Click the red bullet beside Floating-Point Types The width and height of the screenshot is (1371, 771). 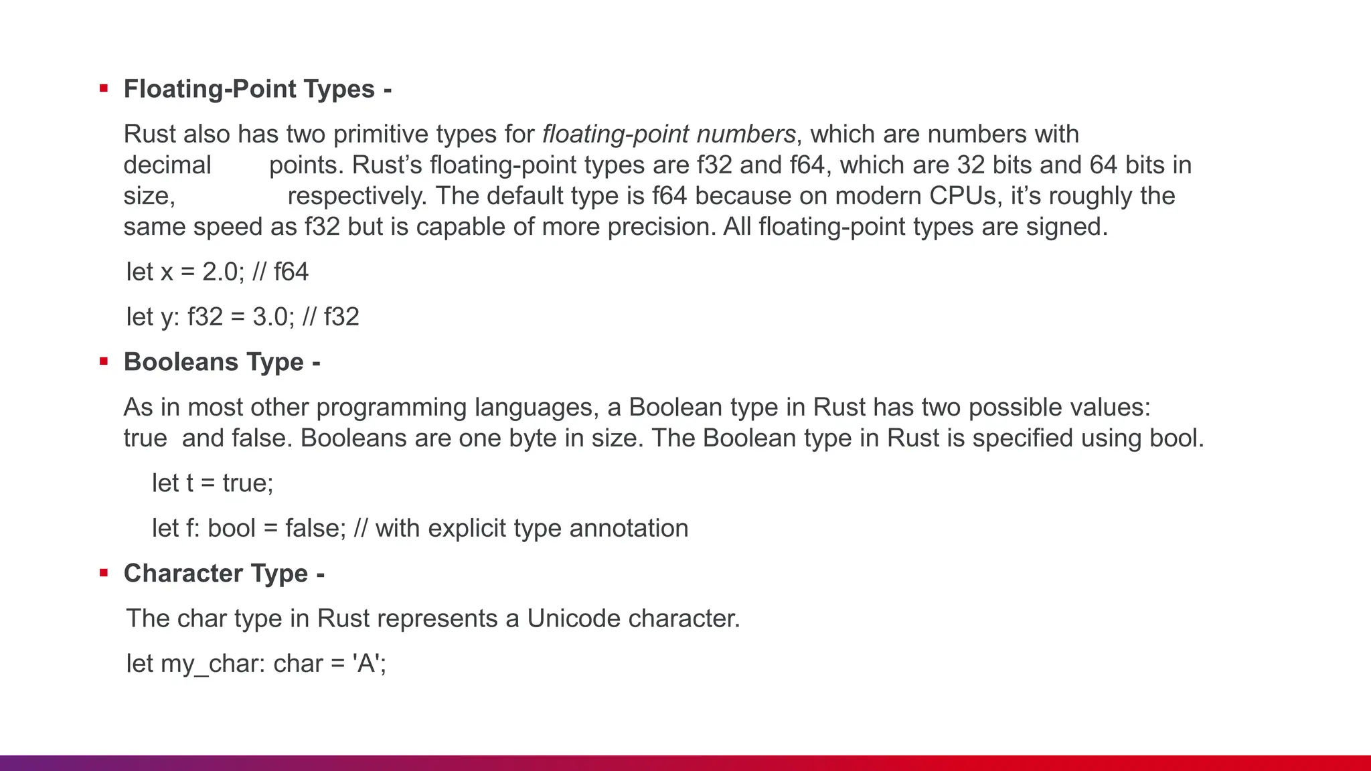[104, 88]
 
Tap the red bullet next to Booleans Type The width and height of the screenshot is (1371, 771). [104, 361]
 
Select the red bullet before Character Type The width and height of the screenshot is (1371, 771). [104, 573]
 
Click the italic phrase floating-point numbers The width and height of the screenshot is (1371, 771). [668, 135]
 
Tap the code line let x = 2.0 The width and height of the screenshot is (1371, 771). [217, 272]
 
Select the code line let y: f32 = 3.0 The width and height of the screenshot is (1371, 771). [242, 317]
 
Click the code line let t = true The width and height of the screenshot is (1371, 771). [212, 483]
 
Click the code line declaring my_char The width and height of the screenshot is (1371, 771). [256, 663]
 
